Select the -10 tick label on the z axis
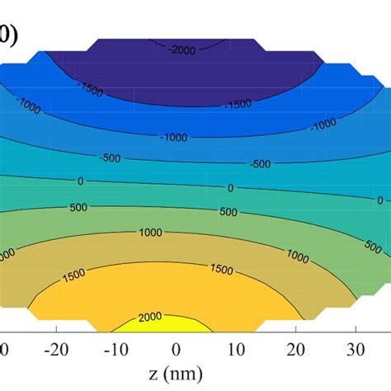[115, 347]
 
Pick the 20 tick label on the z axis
[294, 347]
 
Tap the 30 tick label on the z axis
[355, 347]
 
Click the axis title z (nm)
[175, 373]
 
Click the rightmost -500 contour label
[261, 163]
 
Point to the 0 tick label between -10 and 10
[176, 347]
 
